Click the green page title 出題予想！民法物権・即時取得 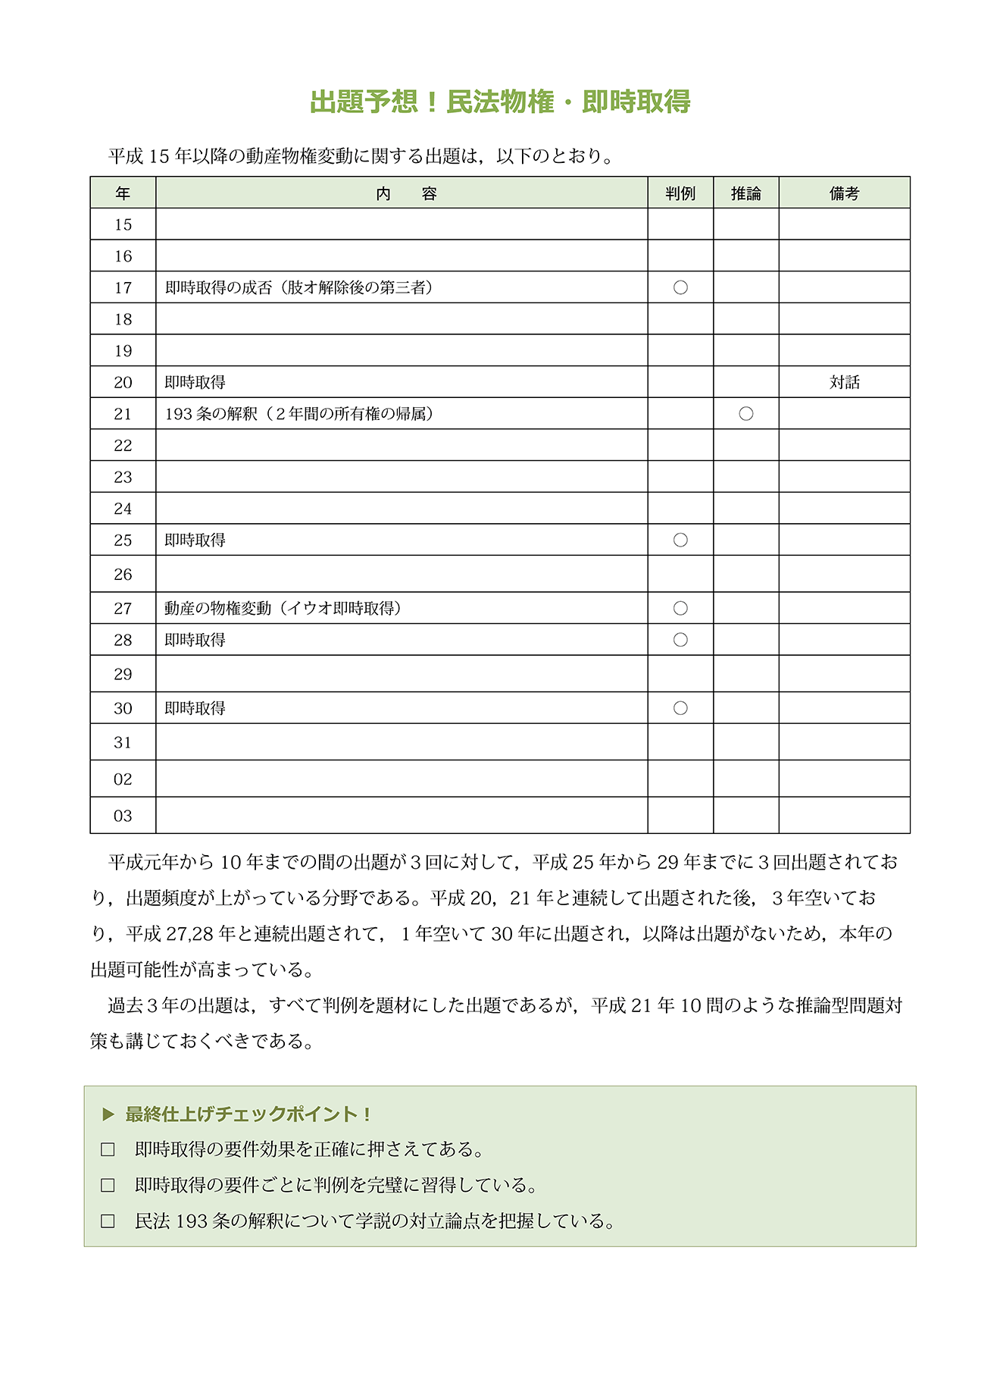pos(500,102)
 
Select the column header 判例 pos(680,193)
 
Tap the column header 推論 pos(745,193)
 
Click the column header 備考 pos(844,193)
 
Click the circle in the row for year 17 pos(680,287)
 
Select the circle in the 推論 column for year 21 pos(746,414)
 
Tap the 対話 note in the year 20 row pos(844,382)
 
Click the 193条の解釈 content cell pos(299,414)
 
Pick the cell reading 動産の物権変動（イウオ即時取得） pos(283,608)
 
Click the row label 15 pos(123,224)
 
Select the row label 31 pos(123,742)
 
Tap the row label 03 pos(123,816)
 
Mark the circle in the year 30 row pos(680,708)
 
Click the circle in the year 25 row pos(680,540)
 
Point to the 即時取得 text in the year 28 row pos(195,640)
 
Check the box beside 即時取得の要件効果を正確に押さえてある pos(108,1149)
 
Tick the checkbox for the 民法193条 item pos(108,1221)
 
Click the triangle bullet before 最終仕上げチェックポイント pos(108,1114)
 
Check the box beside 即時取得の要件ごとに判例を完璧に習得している pos(108,1185)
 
